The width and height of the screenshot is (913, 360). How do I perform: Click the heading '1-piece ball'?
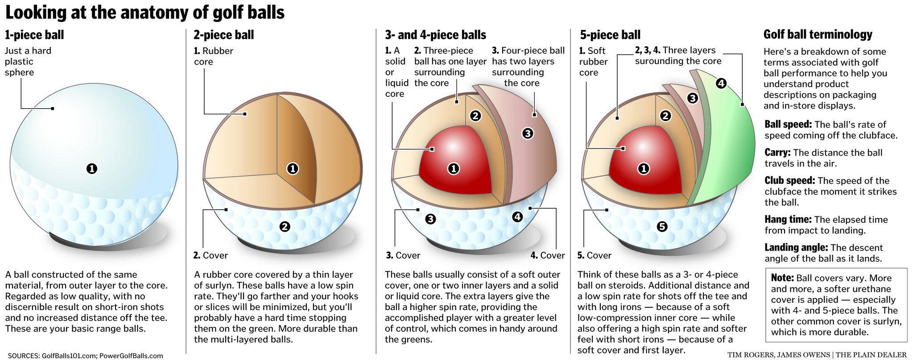[34, 35]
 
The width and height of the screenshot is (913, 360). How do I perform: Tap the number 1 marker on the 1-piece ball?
[92, 169]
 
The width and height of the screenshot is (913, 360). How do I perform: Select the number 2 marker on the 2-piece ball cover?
[284, 227]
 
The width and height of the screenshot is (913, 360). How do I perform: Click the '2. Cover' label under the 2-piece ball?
[211, 256]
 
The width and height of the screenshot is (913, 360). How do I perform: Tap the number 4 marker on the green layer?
[721, 83]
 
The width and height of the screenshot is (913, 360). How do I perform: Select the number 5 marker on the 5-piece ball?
[662, 227]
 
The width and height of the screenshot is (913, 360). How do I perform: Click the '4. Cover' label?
[547, 256]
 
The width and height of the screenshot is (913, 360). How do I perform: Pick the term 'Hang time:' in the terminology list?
[788, 219]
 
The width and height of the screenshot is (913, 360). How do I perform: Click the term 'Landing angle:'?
[796, 248]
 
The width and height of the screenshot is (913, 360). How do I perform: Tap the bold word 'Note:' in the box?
[782, 278]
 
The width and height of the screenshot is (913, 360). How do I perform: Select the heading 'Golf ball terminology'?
[818, 34]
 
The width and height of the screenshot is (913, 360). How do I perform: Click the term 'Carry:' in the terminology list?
[777, 153]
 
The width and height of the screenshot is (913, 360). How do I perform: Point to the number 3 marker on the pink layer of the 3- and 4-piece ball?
[528, 133]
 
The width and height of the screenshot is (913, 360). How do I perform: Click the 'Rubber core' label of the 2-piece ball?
[213, 56]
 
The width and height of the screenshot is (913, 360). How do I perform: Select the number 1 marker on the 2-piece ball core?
[293, 169]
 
